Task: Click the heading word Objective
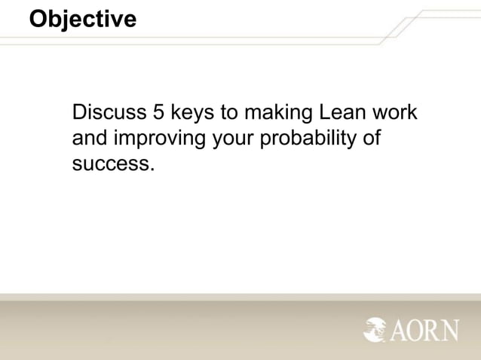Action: point(83,19)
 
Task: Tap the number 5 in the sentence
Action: point(158,114)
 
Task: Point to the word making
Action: point(280,114)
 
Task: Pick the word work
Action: point(397,114)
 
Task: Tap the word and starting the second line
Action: point(90,139)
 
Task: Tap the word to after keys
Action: point(227,114)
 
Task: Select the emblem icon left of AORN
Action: point(375,329)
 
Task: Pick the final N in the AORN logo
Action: point(450,329)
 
